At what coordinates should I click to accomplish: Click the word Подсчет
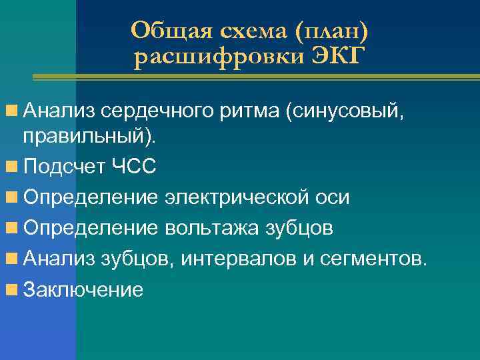[63, 167]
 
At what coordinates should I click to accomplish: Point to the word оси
[335, 197]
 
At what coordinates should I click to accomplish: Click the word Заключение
[83, 289]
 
